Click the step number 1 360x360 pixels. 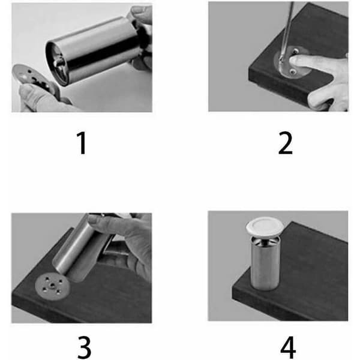click(x=82, y=143)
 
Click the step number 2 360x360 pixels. click(x=286, y=143)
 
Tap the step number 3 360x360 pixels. click(x=84, y=347)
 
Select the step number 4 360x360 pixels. click(x=288, y=347)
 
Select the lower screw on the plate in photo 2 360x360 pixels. click(x=292, y=73)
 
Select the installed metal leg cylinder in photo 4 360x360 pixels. click(x=265, y=264)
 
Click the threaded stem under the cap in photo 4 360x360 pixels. click(x=265, y=241)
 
